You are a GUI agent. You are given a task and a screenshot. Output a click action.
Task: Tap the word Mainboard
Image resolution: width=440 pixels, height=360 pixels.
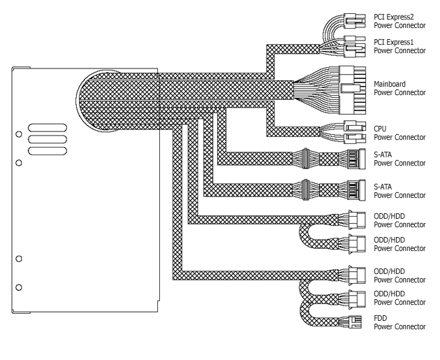click(x=390, y=84)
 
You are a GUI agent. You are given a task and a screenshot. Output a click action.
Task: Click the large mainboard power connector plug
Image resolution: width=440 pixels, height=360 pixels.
click(x=352, y=90)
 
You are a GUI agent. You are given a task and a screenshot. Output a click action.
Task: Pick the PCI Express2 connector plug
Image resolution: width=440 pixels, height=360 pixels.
click(x=355, y=21)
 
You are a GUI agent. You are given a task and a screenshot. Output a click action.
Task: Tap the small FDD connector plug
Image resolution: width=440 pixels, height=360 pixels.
click(x=354, y=322)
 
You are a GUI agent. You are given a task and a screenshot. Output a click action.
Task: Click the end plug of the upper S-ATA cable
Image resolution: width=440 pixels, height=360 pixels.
click(x=356, y=159)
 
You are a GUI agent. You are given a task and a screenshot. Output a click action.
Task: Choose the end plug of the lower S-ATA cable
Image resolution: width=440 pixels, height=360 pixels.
click(x=356, y=190)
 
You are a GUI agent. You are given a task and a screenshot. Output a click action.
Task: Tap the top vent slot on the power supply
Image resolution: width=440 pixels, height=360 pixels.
click(x=47, y=128)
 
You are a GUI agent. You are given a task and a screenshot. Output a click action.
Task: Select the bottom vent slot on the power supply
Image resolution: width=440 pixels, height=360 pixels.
click(x=47, y=151)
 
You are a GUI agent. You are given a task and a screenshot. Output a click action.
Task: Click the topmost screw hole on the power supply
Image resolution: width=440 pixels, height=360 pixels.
click(x=19, y=134)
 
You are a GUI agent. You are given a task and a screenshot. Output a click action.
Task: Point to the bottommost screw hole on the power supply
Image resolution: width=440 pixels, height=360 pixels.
click(x=19, y=287)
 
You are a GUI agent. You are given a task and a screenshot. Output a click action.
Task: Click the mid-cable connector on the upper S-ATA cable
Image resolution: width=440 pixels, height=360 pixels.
click(x=305, y=159)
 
